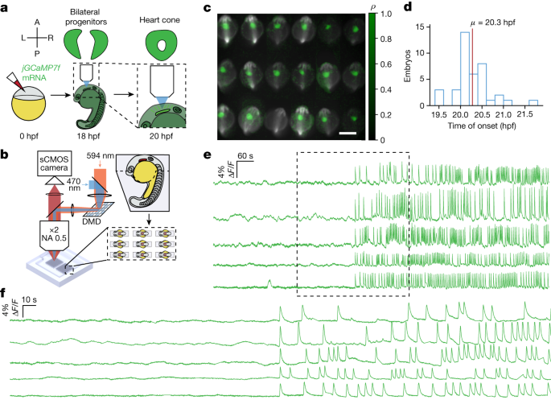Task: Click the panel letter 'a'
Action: (6, 7)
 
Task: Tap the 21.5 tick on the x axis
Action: (532, 117)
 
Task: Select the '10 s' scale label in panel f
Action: (30, 299)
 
